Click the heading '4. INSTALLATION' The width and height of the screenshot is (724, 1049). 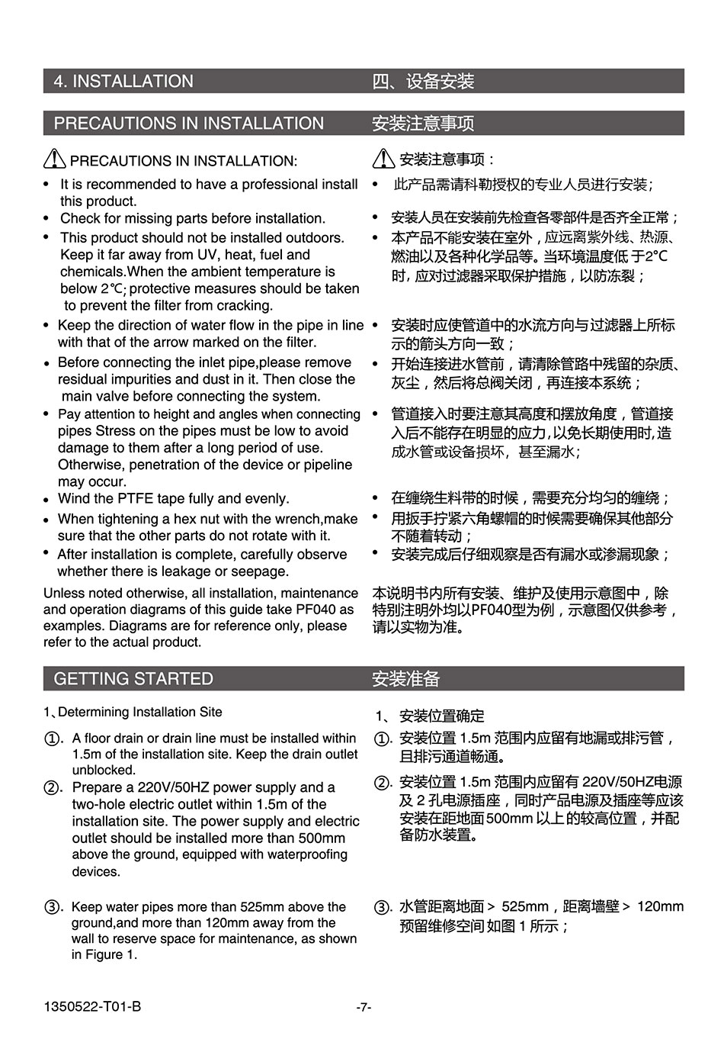click(x=123, y=82)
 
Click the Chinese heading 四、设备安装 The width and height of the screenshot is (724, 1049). click(x=423, y=82)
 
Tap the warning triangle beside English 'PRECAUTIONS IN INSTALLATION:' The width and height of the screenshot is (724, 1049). click(x=55, y=159)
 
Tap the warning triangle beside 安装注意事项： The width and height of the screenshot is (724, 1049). click(x=383, y=159)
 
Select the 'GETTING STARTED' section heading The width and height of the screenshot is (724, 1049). click(x=133, y=679)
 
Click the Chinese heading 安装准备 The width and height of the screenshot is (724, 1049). click(x=405, y=679)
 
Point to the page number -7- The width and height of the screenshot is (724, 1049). click(x=364, y=1007)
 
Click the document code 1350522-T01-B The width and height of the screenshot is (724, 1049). click(x=92, y=1007)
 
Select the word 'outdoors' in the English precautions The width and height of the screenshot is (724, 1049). click(x=313, y=238)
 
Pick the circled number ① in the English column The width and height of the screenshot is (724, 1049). click(x=53, y=739)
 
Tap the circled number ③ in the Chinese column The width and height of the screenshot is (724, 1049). click(x=383, y=908)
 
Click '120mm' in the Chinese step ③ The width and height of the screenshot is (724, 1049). click(x=660, y=906)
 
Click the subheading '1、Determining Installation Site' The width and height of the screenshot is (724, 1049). click(x=133, y=713)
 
